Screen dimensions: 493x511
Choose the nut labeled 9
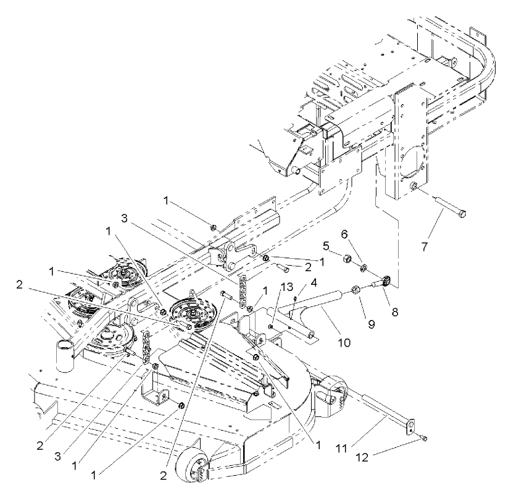(357, 289)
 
